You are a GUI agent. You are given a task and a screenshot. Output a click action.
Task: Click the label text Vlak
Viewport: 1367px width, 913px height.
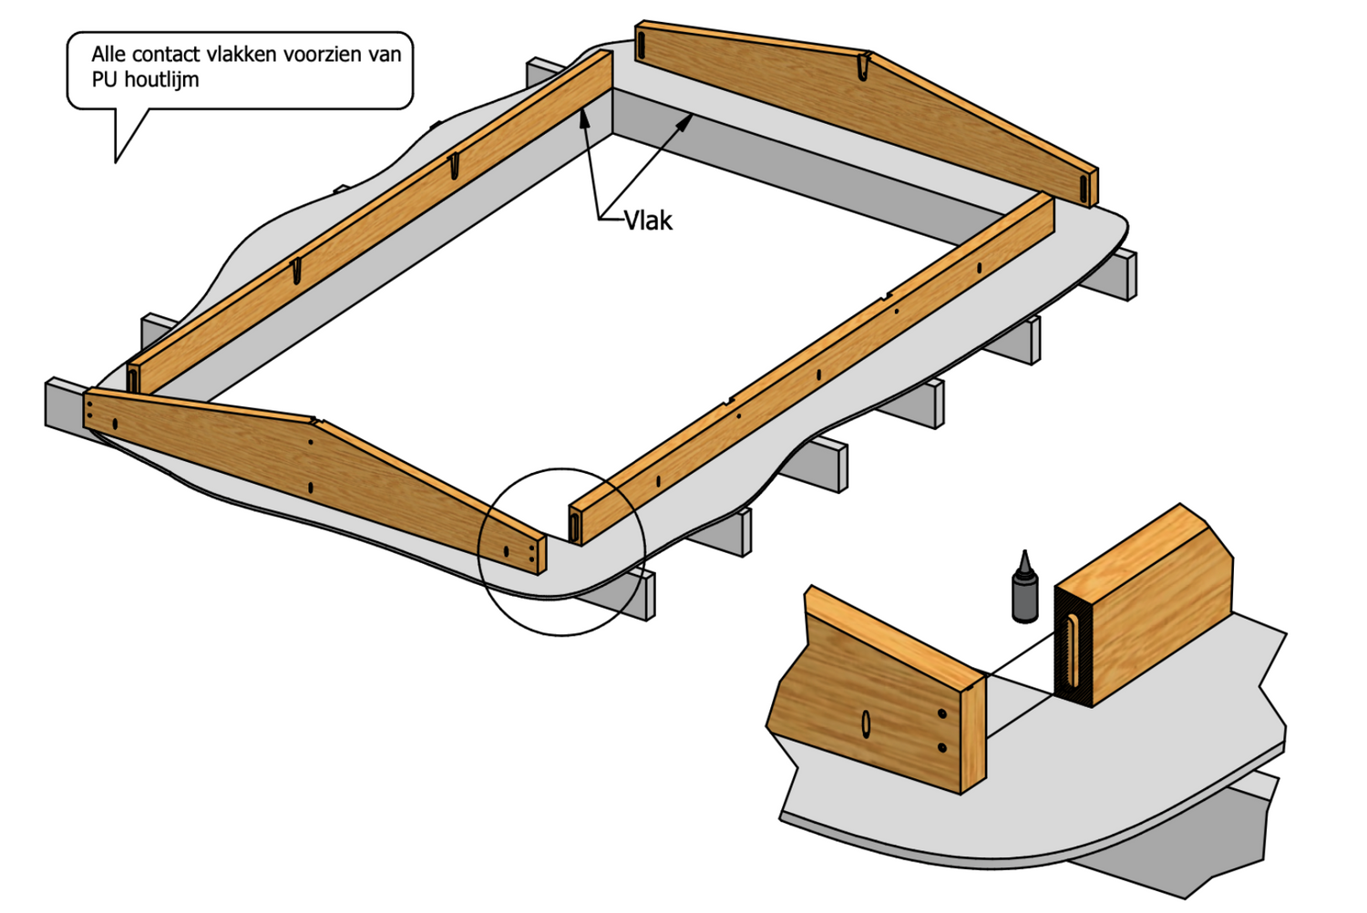[648, 221]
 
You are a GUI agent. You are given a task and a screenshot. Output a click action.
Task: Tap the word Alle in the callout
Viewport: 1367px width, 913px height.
[108, 54]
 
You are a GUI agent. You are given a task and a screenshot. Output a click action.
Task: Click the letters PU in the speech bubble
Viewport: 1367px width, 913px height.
[103, 80]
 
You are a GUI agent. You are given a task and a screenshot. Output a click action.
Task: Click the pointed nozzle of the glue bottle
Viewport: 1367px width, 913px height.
[1025, 557]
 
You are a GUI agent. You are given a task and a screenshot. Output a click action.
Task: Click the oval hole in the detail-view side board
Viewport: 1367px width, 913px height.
[866, 723]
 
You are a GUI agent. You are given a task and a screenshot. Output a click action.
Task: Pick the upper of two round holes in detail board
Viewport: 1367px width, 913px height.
[942, 713]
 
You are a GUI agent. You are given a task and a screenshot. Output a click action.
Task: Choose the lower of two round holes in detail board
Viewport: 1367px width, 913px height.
[942, 748]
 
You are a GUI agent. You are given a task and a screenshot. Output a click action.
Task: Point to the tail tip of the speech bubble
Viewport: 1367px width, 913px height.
[116, 161]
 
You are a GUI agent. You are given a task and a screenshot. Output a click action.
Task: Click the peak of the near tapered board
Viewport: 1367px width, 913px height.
[316, 421]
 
